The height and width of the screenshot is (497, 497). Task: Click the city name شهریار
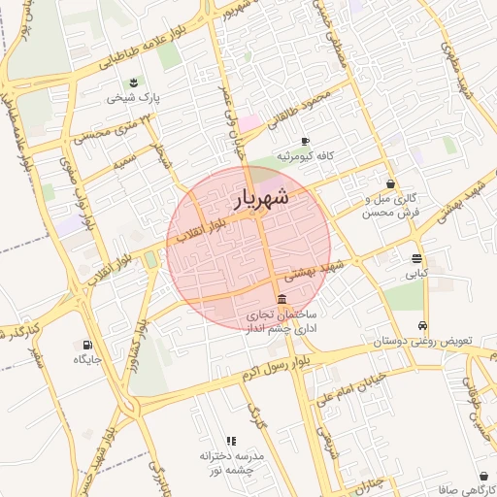(262, 199)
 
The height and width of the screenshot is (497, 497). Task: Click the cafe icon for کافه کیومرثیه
(305, 141)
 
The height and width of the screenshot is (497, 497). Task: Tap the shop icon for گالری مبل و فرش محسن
(390, 183)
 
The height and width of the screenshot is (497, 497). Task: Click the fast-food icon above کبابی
(416, 259)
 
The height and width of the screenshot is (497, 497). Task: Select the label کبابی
(416, 275)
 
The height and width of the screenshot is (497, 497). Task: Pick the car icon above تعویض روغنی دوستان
(423, 326)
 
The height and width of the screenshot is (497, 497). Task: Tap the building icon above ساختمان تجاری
(281, 299)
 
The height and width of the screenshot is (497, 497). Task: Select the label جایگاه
(87, 360)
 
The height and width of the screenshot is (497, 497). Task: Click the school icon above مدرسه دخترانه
(231, 442)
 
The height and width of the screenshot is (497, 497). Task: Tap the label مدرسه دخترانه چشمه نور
(231, 463)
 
